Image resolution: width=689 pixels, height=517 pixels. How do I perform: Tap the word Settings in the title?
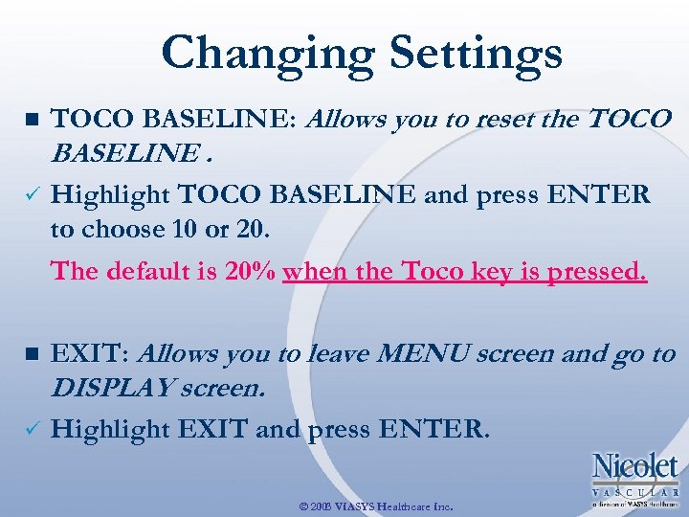(x=466, y=54)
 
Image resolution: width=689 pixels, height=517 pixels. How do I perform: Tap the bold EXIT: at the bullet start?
(x=91, y=353)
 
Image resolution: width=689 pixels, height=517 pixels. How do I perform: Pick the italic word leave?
(x=335, y=353)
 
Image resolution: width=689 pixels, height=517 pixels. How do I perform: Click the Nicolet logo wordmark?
(x=635, y=467)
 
